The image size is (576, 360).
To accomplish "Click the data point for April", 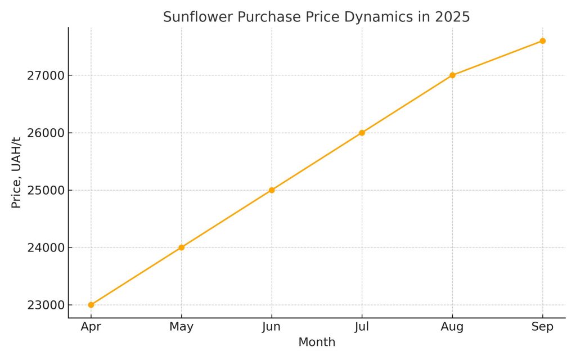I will (x=91, y=305).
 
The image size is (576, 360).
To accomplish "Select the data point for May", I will (x=181, y=247).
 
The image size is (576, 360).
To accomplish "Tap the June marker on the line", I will (x=272, y=190).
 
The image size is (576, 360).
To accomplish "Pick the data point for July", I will (x=362, y=133).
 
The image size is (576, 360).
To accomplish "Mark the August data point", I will (x=452, y=75).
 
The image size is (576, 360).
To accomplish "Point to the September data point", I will (x=542, y=40).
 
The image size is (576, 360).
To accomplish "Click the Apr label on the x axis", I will (x=91, y=327).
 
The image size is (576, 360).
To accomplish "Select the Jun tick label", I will (x=272, y=327).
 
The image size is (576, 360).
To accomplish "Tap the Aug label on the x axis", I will (x=452, y=327).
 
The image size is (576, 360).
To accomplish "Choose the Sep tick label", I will (x=542, y=327).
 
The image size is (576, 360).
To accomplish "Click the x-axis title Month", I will (x=317, y=342).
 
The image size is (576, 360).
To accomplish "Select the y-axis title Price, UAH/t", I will (x=16, y=172).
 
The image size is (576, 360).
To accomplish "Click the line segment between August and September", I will (x=497, y=58).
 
